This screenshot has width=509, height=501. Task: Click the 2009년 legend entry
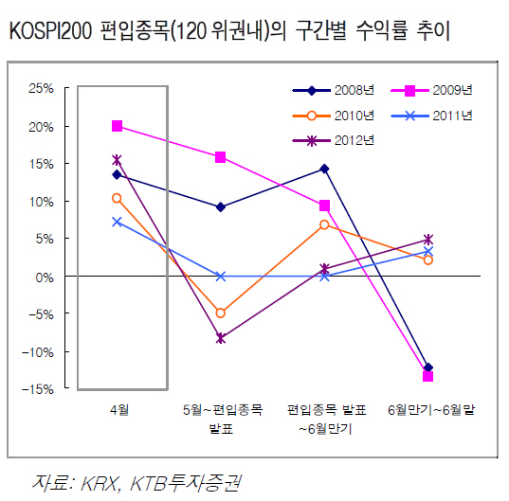coord(431,91)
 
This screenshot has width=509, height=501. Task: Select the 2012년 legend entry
coord(334,141)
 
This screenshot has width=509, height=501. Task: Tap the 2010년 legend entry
coord(334,116)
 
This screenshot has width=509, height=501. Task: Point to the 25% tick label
coord(41,88)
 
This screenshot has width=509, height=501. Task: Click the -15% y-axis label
coord(38,389)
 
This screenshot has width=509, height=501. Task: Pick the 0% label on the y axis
coord(45,277)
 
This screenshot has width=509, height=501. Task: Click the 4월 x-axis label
coord(119,410)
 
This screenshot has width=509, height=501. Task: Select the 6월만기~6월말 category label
coord(431,410)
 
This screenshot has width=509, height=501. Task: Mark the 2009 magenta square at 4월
coord(117,126)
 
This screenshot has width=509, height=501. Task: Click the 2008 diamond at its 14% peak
coord(324,169)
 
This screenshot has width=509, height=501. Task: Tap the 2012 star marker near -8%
coord(221,338)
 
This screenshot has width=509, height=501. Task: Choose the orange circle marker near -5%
coord(221,313)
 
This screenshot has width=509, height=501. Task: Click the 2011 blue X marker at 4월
coord(117,222)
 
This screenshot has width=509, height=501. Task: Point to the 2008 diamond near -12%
coord(428,367)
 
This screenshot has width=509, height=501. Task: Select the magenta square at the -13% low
coord(427,377)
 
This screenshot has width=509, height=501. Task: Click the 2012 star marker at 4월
coord(117,160)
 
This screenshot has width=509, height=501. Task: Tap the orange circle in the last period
coord(428,259)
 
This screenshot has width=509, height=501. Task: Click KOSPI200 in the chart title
coord(50,31)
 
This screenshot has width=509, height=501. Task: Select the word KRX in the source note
coord(99,483)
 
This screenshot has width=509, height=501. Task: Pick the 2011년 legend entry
coord(431,116)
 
